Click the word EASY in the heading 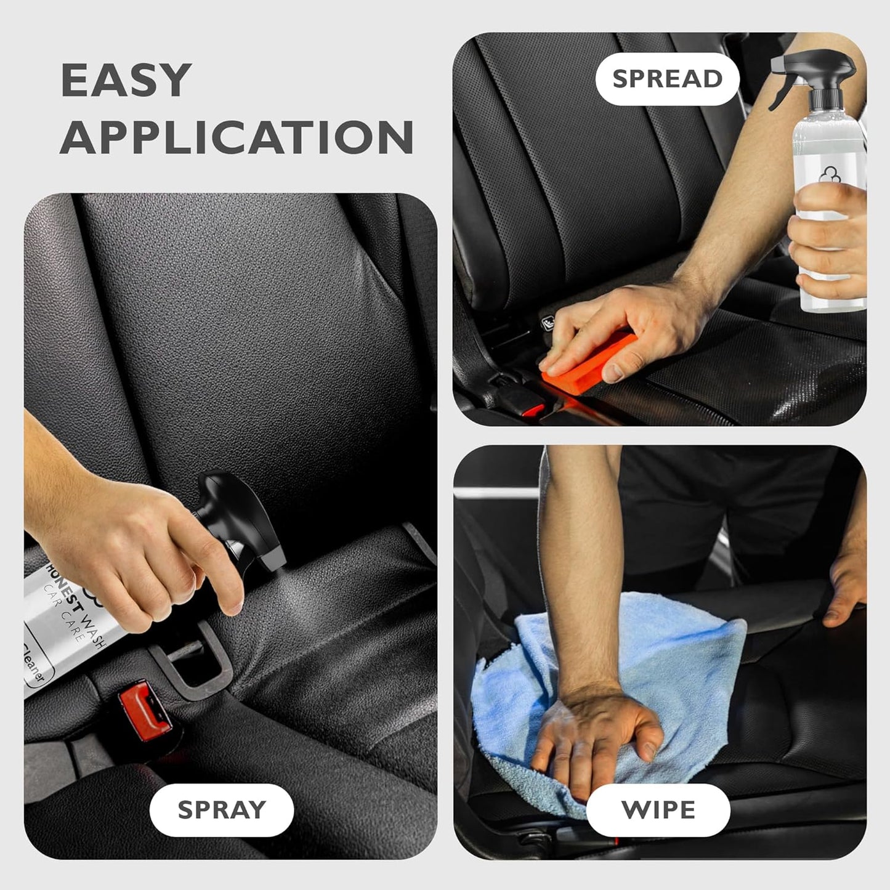point(126,80)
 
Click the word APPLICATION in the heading point(237,137)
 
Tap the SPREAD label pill point(667,79)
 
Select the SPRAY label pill point(221,809)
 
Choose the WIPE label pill point(658,809)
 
